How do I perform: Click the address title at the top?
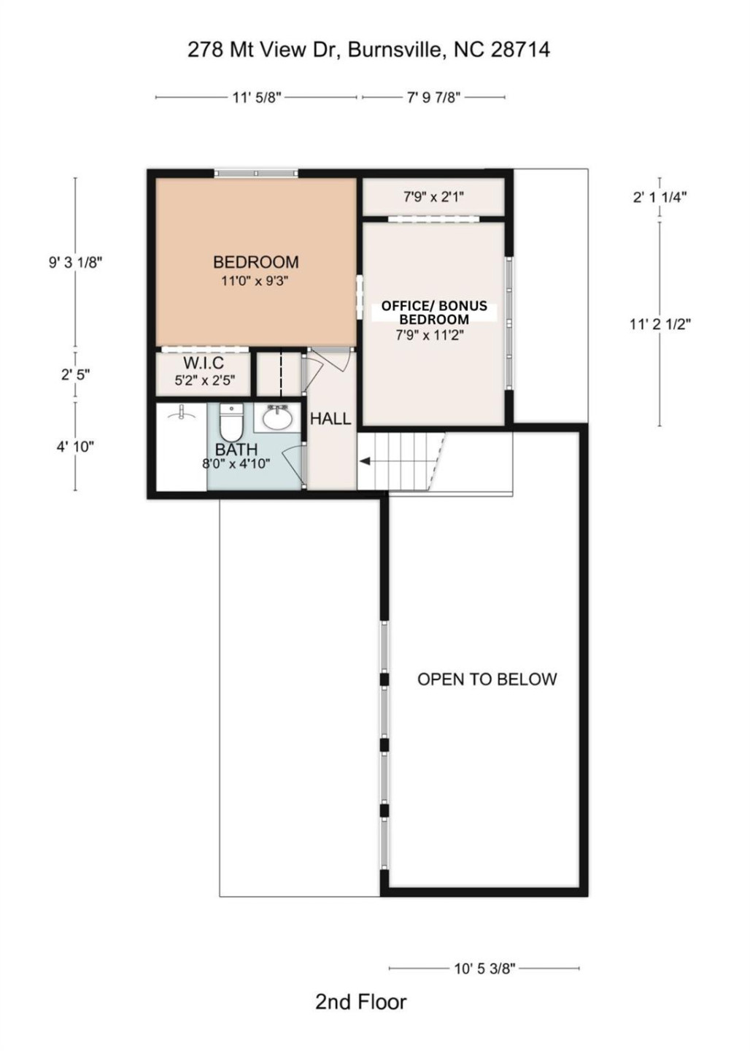pyautogui.click(x=368, y=50)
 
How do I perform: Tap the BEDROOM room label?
pyautogui.click(x=255, y=262)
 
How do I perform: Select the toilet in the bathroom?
pyautogui.click(x=231, y=423)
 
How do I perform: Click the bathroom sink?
pyautogui.click(x=277, y=418)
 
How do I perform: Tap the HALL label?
pyautogui.click(x=330, y=419)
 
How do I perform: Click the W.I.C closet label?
pyautogui.click(x=204, y=363)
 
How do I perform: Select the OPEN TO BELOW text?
pyautogui.click(x=487, y=680)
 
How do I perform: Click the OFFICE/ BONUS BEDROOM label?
pyautogui.click(x=434, y=312)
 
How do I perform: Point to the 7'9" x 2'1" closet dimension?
pyautogui.click(x=433, y=196)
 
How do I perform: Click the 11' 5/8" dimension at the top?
pyautogui.click(x=257, y=97)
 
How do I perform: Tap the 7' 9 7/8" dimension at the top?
pyautogui.click(x=433, y=97)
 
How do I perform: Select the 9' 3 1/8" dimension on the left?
pyautogui.click(x=75, y=262)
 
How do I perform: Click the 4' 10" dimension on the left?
pyautogui.click(x=75, y=446)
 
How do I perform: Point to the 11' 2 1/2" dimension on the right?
pyautogui.click(x=660, y=324)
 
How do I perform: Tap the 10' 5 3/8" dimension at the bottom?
pyautogui.click(x=484, y=969)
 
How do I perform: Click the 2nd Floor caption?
pyautogui.click(x=360, y=1002)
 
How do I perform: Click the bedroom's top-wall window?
pyautogui.click(x=255, y=173)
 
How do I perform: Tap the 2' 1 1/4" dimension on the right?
pyautogui.click(x=660, y=196)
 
